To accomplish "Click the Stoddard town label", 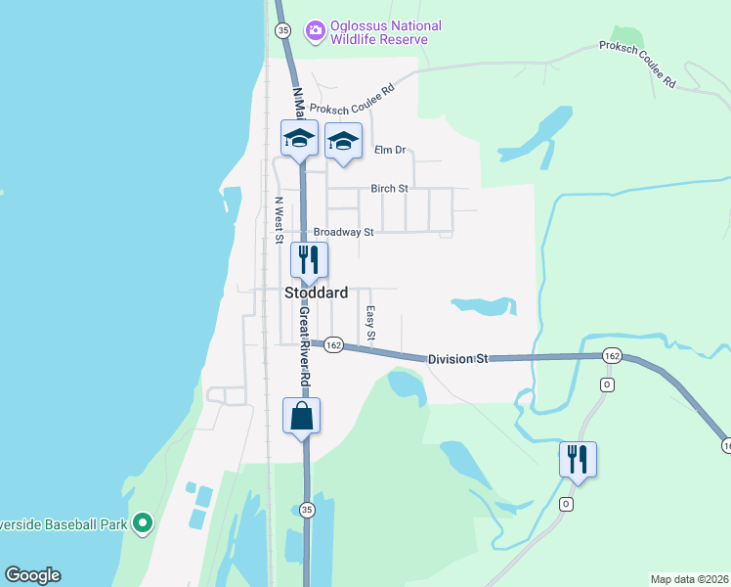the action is click(316, 293).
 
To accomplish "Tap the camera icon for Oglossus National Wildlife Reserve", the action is click(315, 31).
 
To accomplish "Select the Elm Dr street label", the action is click(389, 150).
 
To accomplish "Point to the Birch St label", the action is click(389, 188).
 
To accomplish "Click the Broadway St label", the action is click(343, 233).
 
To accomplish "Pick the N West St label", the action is click(279, 220).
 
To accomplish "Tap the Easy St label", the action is click(370, 324).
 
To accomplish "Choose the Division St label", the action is click(457, 360).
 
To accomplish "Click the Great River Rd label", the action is click(305, 348).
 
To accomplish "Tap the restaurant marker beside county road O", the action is click(578, 457).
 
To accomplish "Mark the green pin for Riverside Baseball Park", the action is click(143, 524).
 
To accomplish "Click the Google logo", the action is click(32, 575).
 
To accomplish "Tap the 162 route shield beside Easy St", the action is click(334, 345).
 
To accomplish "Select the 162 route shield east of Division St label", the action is click(612, 355).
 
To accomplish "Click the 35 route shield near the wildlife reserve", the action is click(283, 31).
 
